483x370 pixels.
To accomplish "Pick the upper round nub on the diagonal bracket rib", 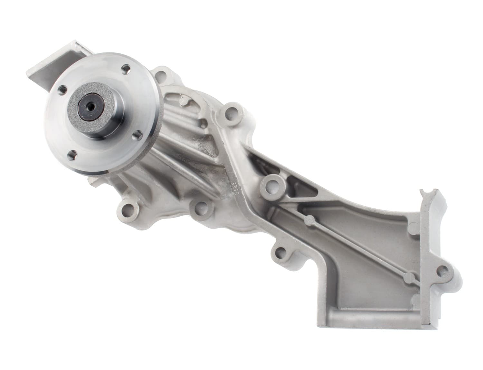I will [311, 220].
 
